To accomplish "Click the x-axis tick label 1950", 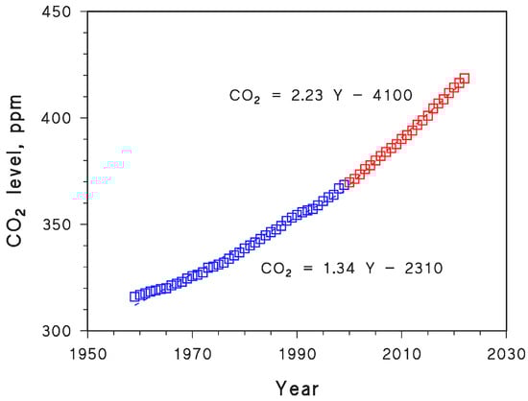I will click(87, 353).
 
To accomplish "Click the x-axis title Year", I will click(297, 387).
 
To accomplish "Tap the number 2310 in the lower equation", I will click(423, 269).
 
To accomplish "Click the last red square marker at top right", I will click(465, 79).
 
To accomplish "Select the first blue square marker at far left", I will click(134, 296).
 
